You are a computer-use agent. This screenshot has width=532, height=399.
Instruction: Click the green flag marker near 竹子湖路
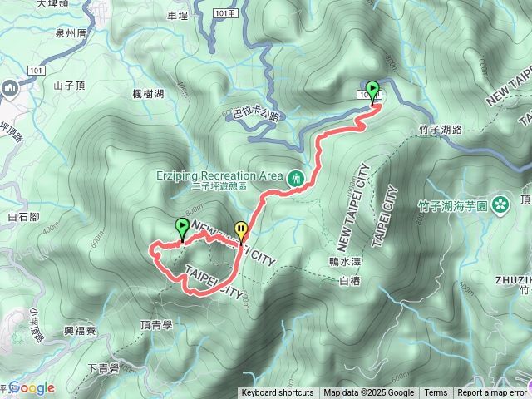(x=372, y=89)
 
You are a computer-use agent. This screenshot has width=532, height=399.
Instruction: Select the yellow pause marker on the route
(x=241, y=229)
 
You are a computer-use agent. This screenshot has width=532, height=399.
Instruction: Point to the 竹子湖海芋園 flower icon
(x=500, y=204)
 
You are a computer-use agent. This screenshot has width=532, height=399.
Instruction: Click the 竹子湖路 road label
(x=441, y=129)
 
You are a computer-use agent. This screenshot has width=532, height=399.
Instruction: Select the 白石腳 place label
(x=23, y=217)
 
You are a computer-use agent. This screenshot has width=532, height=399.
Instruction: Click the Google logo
(x=32, y=387)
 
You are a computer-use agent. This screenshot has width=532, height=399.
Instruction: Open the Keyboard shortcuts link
(x=278, y=393)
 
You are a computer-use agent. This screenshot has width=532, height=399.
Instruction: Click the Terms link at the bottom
(x=436, y=393)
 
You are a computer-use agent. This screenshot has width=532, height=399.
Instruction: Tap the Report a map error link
(x=492, y=393)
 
